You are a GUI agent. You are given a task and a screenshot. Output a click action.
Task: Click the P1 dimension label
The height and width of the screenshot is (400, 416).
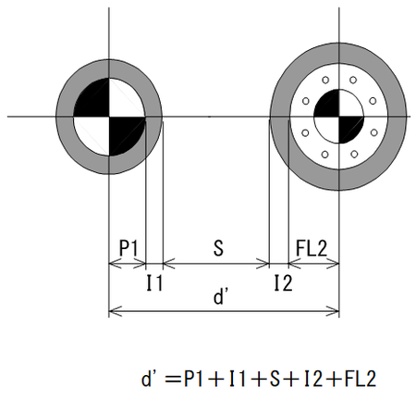coord(128,247)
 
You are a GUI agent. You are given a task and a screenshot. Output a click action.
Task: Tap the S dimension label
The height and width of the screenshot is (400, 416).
coord(218,248)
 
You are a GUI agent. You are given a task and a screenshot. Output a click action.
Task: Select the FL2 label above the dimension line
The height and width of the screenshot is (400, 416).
coord(312,248)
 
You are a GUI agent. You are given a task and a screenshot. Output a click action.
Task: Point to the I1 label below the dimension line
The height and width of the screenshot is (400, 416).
coord(154,282)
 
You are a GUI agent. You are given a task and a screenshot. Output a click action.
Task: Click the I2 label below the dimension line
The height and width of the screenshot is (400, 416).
coord(283,283)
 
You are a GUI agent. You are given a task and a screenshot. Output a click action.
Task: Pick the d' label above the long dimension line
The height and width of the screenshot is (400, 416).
coord(221,296)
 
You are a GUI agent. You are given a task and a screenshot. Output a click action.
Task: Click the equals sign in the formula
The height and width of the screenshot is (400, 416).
coord(173,379)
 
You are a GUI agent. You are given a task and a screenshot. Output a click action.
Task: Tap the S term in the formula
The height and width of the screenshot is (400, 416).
coord(275,379)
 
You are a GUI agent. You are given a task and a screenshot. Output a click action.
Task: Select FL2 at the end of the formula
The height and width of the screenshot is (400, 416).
coord(361,379)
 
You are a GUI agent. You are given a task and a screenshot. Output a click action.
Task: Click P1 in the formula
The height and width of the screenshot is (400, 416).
coord(193,379)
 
